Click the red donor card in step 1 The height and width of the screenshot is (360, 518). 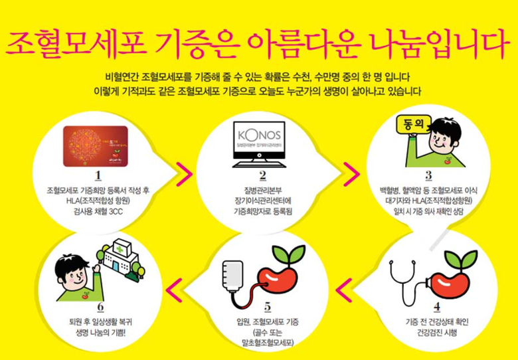coord(96,146)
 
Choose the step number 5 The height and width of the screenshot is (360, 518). coord(268,307)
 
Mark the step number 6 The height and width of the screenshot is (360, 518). coord(100,307)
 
